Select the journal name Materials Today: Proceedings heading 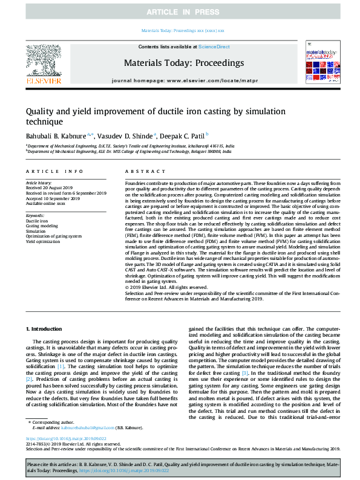coord(183,63)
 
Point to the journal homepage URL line coord(183,80)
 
